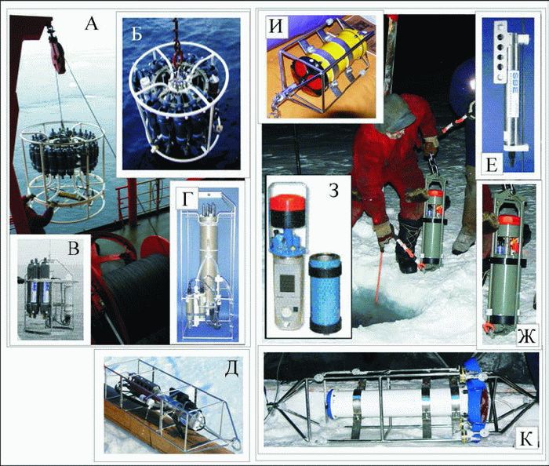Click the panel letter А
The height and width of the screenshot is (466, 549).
tap(91, 24)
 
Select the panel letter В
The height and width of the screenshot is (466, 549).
tap(73, 248)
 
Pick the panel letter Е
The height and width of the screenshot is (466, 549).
tap(492, 165)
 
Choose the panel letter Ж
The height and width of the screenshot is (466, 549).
tap(526, 337)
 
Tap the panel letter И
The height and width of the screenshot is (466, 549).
tap(276, 27)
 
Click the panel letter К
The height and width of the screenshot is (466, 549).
tap(525, 439)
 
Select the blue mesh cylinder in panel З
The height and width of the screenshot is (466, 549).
tap(325, 292)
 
